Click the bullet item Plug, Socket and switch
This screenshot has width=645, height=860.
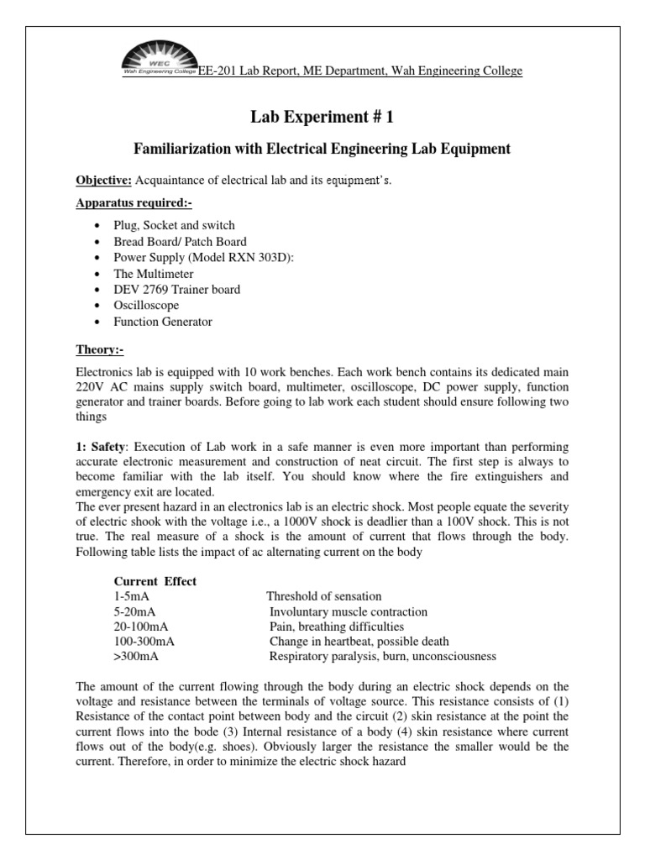click(x=175, y=226)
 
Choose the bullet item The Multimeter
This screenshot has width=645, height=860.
click(x=154, y=274)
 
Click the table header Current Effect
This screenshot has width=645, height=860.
click(x=155, y=580)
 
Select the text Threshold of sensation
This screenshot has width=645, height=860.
click(x=323, y=596)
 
